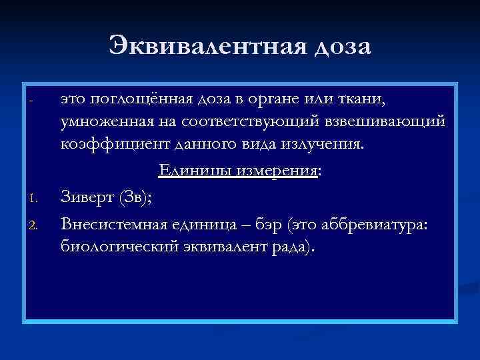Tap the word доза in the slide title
click(x=335, y=47)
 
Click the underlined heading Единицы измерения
click(x=237, y=172)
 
